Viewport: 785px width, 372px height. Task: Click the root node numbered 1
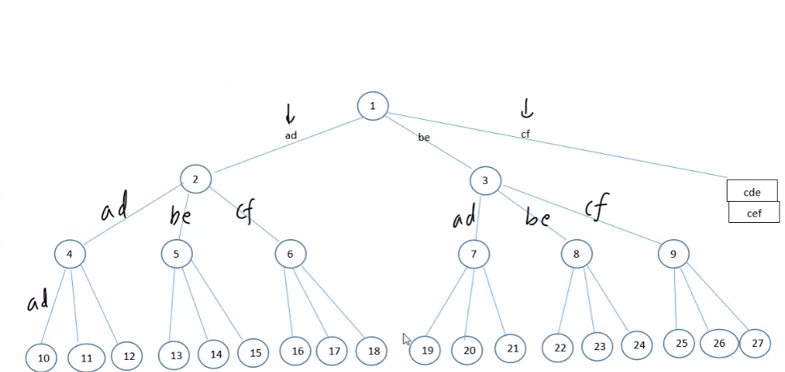pos(373,105)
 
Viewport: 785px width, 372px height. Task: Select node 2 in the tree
pos(195,179)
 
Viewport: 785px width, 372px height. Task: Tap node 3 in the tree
pos(485,180)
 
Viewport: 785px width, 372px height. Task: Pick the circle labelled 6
pos(290,254)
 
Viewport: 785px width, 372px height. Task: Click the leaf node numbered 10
pos(44,357)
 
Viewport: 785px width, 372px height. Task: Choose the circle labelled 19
pos(427,350)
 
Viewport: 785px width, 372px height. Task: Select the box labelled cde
pos(752,191)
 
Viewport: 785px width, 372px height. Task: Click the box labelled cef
pos(753,212)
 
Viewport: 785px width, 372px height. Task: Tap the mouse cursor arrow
pos(407,339)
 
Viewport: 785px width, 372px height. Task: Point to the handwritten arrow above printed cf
pos(527,108)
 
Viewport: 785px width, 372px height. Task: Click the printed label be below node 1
pos(424,138)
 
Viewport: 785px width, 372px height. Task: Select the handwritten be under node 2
pos(180,216)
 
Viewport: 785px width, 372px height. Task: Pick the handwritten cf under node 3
pos(596,206)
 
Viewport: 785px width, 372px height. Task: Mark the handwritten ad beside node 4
pos(38,303)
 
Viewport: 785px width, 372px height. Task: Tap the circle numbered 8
pos(577,254)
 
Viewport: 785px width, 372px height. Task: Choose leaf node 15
pos(254,353)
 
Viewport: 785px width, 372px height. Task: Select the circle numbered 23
pos(599,346)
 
